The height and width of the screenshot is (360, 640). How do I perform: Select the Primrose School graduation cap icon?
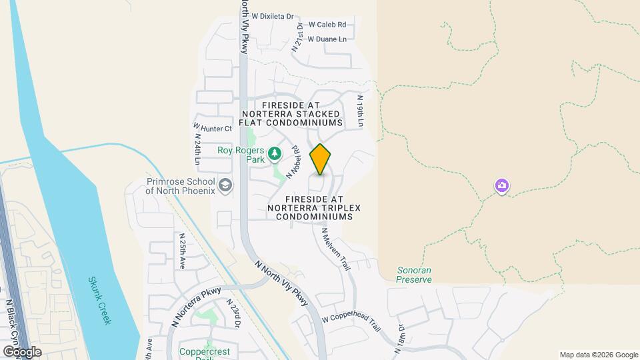225,185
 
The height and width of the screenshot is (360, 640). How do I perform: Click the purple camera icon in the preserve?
502,185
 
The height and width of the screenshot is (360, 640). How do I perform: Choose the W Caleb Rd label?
327,25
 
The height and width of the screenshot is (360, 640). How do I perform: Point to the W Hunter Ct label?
213,127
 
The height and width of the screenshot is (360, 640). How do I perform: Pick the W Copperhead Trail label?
351,323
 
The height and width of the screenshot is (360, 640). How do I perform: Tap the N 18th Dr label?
402,337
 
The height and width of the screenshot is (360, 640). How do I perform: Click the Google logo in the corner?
22,351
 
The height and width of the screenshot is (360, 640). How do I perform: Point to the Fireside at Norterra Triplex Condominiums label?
314,208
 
